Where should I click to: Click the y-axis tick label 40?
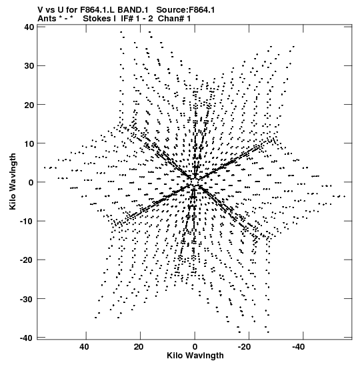29,27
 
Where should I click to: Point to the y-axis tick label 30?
29,66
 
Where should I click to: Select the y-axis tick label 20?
29,105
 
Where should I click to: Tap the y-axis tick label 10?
29,143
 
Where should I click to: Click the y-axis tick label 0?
31,182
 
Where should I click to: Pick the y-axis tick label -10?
27,221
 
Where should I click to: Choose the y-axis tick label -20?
27,260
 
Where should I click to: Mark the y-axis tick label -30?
27,299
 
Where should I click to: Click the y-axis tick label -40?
27,338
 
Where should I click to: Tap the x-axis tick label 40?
84,347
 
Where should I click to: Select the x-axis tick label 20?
139,347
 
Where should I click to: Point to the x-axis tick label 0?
195,347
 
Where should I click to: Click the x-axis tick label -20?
244,347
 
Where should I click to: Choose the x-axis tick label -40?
298,347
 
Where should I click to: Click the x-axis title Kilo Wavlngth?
195,356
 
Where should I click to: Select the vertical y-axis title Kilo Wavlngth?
13,181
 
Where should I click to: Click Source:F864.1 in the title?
185,10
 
